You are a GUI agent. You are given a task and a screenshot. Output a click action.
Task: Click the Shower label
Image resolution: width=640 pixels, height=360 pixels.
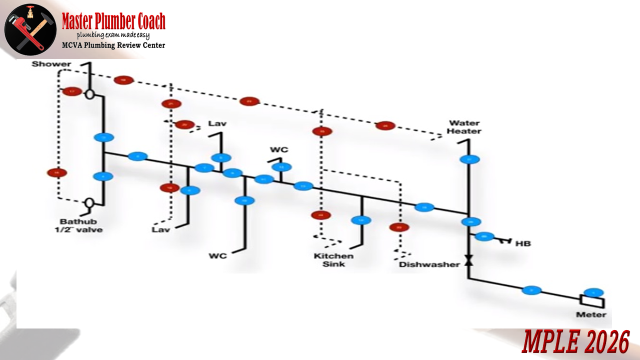coord(51,64)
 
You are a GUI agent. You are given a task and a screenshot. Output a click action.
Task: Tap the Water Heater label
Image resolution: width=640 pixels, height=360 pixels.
coord(464,127)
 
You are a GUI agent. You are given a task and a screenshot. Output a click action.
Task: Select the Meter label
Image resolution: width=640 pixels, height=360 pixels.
coord(591,314)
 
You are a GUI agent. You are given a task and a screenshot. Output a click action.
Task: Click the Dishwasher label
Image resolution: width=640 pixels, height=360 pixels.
coord(429,264)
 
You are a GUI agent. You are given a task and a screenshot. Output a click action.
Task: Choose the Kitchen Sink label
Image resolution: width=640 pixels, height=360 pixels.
coord(333,260)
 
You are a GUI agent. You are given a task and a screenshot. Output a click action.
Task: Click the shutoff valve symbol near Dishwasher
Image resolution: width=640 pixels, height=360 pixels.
coord(468,260)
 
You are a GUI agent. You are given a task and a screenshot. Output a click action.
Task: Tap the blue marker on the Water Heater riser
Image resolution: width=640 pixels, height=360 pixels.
coord(469,160)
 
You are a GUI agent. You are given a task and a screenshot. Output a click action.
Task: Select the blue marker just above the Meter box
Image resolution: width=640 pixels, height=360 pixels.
coord(593,292)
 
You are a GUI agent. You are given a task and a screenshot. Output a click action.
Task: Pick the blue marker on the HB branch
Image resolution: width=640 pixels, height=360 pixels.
coord(484,236)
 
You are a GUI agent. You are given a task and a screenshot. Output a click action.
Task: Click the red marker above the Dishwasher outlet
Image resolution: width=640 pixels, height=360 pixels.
coord(399,227)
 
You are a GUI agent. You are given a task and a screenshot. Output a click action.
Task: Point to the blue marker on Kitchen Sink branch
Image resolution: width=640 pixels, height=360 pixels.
coord(360,220)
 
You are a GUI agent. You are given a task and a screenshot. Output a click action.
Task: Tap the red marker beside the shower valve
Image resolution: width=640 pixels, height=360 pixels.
coord(72,91)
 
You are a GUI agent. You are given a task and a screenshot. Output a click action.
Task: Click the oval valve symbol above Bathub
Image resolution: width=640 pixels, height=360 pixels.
coord(89,202)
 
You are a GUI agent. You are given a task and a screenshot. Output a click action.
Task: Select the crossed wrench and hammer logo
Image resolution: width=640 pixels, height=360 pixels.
coord(30,30)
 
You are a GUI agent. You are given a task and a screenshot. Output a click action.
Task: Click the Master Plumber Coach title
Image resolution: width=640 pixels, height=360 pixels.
coord(113,21)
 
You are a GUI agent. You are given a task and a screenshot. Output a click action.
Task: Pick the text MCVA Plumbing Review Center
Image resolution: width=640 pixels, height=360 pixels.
coord(113,45)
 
